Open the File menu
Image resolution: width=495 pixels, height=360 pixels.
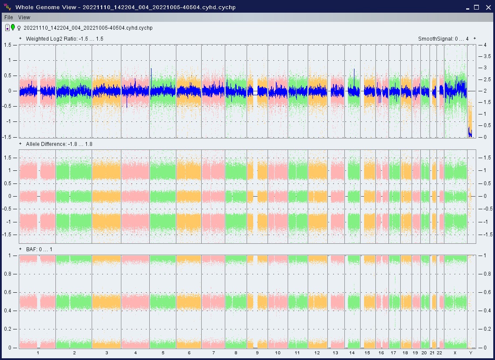[9, 17]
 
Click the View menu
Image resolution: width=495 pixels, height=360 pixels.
[24, 17]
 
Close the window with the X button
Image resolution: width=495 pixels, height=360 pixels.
[488, 7]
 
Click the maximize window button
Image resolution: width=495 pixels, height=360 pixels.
[477, 7]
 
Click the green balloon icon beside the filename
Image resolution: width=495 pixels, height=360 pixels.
[13, 28]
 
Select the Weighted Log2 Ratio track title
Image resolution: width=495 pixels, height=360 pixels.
[65, 39]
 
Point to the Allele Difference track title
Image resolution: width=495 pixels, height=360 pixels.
[59, 144]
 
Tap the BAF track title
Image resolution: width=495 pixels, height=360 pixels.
[39, 249]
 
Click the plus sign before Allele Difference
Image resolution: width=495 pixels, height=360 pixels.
[21, 144]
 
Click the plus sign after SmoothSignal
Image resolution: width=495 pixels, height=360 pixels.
[474, 38]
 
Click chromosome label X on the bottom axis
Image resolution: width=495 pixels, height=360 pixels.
[455, 353]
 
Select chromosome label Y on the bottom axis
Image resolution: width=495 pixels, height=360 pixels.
[471, 353]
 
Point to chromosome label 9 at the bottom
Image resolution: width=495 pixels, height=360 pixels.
[257, 353]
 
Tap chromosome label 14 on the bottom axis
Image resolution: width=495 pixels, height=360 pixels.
[352, 353]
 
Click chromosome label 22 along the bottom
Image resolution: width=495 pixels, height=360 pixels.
[440, 353]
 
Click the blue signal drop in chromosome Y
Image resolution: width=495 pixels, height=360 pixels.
[470, 133]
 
